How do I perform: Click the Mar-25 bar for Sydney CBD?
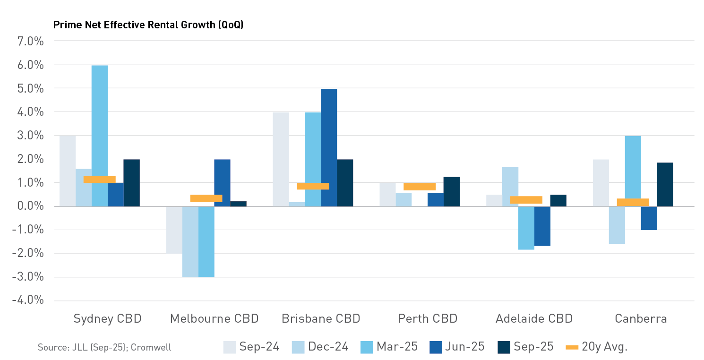100,136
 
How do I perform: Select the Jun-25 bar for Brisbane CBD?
329,147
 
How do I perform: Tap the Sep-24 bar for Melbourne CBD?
174,230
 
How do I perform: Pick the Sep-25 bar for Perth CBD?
452,192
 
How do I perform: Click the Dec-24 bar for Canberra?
617,225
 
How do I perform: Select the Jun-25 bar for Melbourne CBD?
222,183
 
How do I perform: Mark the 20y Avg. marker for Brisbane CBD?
313,186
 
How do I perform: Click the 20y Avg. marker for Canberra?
633,202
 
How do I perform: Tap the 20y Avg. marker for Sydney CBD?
100,180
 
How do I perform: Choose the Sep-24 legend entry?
251,347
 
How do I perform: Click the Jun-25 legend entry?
457,347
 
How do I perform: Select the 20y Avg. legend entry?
597,347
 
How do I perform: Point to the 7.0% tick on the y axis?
31,41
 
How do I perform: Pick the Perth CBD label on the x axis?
428,318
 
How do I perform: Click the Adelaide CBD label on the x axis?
534,318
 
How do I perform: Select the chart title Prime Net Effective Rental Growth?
148,25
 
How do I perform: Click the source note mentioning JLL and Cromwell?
104,347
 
